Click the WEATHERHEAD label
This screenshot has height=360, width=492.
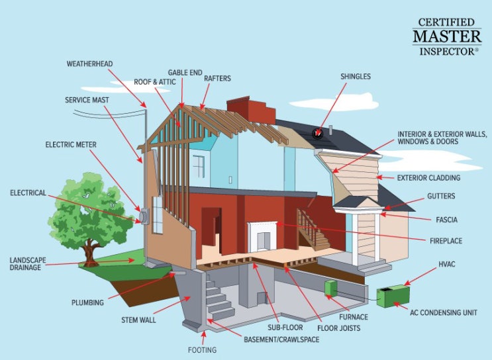(x=89, y=64)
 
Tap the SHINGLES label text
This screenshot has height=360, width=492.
(x=356, y=77)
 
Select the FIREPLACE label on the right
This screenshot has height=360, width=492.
(x=446, y=241)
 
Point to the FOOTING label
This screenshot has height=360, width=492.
(x=202, y=349)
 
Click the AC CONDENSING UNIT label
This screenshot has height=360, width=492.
(x=444, y=312)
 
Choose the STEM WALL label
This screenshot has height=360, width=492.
(x=138, y=320)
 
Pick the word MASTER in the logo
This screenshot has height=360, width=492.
(x=447, y=36)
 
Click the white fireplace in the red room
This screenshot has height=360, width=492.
(x=262, y=236)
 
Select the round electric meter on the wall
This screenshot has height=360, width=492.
(x=144, y=216)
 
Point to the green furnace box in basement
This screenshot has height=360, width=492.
(x=330, y=288)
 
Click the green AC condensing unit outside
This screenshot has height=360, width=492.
(x=393, y=296)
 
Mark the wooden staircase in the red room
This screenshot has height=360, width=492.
(x=313, y=230)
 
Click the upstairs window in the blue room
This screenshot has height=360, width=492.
(x=199, y=166)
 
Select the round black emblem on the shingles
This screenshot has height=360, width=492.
(x=318, y=134)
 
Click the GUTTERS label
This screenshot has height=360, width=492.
(x=441, y=197)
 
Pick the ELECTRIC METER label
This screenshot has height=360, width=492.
(x=71, y=144)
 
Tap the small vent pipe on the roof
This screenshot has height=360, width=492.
(x=330, y=130)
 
